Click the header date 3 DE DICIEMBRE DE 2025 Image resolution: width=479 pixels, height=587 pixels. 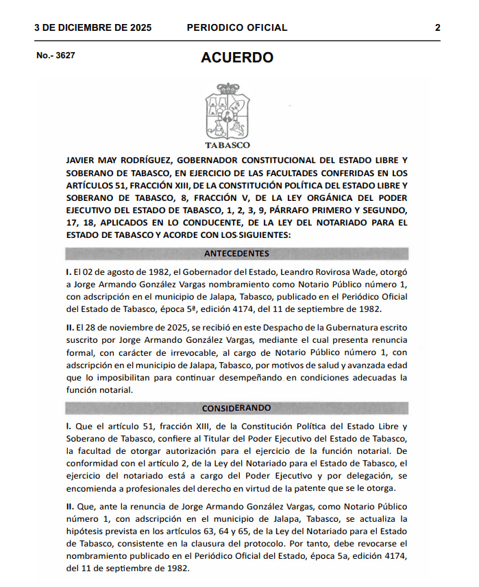(x=93, y=28)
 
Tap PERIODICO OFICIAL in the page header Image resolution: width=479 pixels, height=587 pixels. (x=236, y=28)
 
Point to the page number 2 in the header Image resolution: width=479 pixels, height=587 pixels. (x=437, y=28)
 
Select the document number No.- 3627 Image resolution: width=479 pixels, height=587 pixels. (x=56, y=56)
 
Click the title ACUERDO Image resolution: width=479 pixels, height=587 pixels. (x=236, y=58)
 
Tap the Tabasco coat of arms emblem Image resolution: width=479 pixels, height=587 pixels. (x=228, y=112)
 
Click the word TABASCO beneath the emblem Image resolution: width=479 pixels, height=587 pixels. (x=228, y=145)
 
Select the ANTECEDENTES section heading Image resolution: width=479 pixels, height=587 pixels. (x=236, y=254)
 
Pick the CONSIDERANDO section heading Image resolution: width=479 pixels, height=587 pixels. (x=236, y=408)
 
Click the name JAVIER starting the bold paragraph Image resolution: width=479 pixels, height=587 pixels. (x=82, y=159)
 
